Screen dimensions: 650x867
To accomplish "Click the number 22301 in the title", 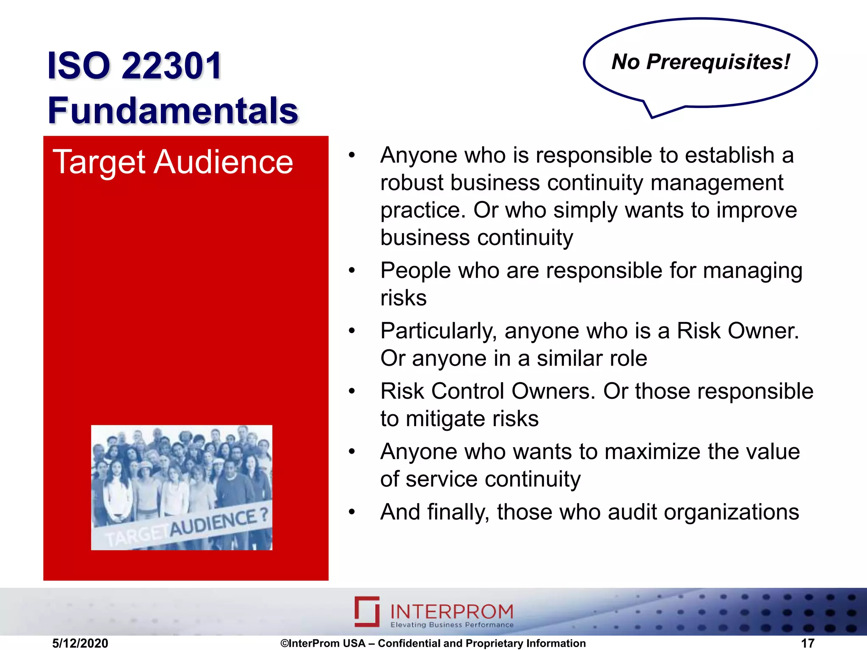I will [171, 66].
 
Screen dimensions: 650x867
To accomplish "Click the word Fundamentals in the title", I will [173, 110].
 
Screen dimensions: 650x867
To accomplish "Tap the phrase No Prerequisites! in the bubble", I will [701, 62].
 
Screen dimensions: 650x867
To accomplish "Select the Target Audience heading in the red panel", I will [173, 162].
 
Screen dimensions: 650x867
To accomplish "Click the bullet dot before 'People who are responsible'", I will [352, 270].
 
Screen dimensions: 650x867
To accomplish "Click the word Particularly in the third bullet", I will [438, 331].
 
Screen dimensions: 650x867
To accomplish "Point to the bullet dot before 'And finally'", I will [352, 512].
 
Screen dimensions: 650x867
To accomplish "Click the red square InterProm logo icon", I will [367, 611].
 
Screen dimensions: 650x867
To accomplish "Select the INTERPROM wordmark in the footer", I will [451, 611].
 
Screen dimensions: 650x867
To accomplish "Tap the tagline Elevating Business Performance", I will [451, 625].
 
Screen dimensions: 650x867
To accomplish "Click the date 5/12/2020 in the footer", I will [80, 643].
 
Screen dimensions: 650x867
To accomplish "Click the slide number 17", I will [808, 643].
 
